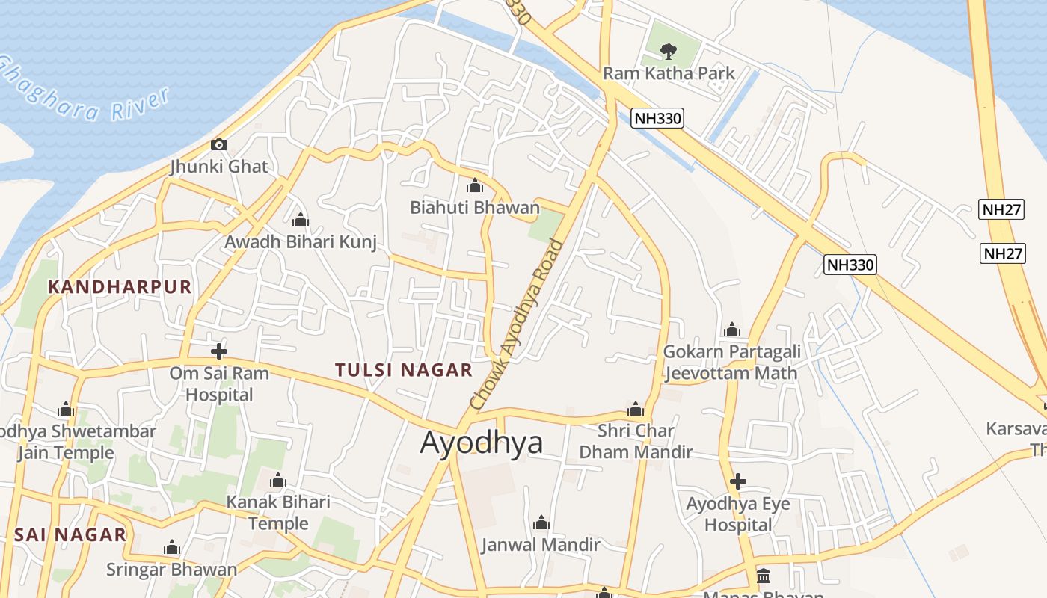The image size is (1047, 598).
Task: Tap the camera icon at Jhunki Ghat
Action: [219, 144]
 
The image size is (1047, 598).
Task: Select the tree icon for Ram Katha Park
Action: [669, 51]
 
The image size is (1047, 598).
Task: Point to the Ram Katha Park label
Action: [669, 73]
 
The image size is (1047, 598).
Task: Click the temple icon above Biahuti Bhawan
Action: [474, 185]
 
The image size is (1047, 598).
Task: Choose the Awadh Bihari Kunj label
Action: [301, 241]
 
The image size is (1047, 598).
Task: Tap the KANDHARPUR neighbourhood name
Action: [120, 286]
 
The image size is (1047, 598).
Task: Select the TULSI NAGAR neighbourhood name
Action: [404, 369]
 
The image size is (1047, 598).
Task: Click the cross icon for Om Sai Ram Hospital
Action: [219, 351]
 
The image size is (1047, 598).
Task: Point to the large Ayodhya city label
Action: [482, 443]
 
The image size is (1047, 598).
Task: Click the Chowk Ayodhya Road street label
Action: [516, 323]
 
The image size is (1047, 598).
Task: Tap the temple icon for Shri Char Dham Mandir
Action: [636, 409]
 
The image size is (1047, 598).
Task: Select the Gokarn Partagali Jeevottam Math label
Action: [731, 362]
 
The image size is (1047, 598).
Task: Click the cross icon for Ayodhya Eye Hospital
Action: [738, 481]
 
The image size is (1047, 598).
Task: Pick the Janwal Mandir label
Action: [541, 544]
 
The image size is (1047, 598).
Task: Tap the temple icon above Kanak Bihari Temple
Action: [278, 480]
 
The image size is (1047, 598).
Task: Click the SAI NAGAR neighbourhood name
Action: [70, 534]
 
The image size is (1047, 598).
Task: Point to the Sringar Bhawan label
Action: [171, 569]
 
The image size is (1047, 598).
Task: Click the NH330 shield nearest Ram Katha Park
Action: [657, 117]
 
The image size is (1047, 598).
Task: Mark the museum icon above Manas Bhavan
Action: [764, 576]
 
